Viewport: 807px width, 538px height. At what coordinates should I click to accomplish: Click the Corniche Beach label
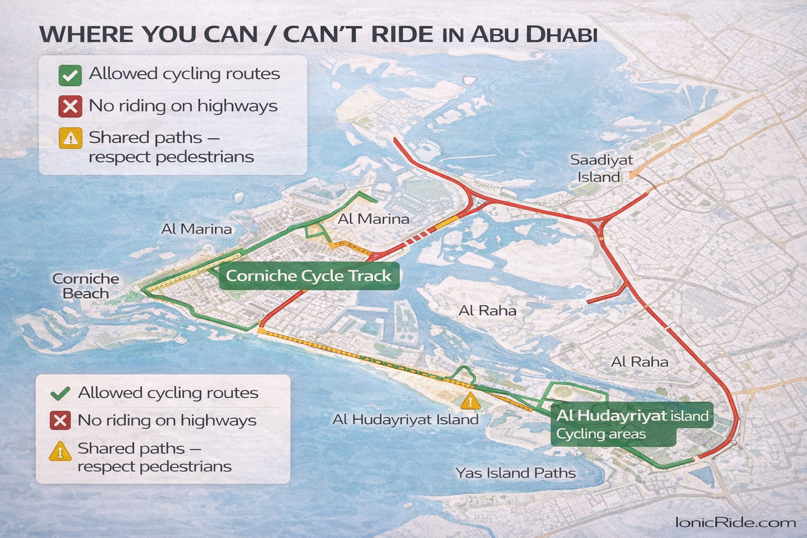[x=86, y=286]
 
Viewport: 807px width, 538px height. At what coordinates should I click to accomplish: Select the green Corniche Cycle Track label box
[x=309, y=276]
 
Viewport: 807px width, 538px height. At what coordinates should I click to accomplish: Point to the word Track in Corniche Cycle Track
[x=371, y=276]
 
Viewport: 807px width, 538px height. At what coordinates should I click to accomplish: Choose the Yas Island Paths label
[x=515, y=473]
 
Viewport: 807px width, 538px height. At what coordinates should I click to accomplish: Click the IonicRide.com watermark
[x=735, y=522]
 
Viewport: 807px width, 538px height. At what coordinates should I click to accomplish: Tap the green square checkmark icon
[x=70, y=75]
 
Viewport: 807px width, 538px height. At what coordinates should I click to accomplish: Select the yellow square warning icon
[x=70, y=138]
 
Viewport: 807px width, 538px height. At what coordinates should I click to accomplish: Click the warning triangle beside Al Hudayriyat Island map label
[x=470, y=401]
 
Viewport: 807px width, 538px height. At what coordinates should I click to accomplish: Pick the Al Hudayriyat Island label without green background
[x=405, y=419]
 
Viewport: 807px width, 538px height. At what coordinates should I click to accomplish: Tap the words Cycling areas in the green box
[x=601, y=434]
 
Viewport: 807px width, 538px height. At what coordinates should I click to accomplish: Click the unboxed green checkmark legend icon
[x=60, y=393]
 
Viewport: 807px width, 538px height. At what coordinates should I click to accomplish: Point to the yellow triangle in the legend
[x=60, y=451]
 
